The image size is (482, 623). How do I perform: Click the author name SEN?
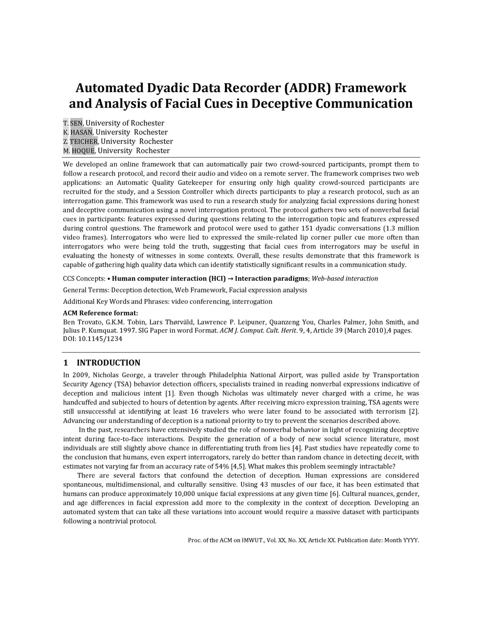[x=77, y=123]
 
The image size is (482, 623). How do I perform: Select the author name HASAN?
[x=82, y=132]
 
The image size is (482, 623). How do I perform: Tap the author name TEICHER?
[x=84, y=142]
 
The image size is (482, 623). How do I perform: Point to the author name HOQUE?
[x=83, y=151]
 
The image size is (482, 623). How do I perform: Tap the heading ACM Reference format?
[x=100, y=313]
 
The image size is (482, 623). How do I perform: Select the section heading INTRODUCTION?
[x=108, y=363]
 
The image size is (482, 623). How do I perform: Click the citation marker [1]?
[x=170, y=394]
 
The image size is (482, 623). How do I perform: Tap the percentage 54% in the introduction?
[x=223, y=466]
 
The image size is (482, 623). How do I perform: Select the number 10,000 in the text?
[x=187, y=494]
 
